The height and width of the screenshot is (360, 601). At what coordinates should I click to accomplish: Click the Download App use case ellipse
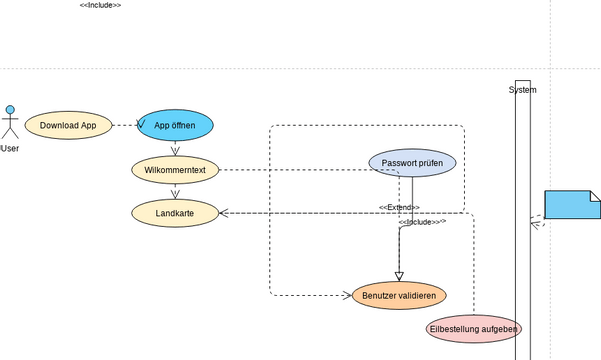pos(68,125)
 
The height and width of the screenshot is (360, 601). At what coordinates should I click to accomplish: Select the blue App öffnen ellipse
pos(175,125)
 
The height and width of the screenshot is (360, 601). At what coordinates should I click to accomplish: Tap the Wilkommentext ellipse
pos(175,170)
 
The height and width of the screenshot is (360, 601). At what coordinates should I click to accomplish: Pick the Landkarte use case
pos(175,212)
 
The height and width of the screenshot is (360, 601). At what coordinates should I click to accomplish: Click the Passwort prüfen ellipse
pos(412,162)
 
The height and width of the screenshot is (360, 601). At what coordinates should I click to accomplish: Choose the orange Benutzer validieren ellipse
pos(399,295)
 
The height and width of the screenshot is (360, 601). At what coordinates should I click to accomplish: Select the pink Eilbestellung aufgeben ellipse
pos(473,328)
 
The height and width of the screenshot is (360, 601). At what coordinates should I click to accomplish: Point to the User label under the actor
pos(10,149)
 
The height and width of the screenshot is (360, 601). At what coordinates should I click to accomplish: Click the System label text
pos(522,90)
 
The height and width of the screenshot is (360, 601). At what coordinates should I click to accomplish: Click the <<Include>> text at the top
pos(100,6)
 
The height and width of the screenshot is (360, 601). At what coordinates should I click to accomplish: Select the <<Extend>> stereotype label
pos(399,207)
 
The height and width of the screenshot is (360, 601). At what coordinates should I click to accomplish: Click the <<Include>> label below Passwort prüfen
pos(422,222)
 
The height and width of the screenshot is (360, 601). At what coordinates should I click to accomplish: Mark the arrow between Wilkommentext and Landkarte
pos(175,192)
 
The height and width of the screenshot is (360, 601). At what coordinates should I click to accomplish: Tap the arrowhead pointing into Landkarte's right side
pos(224,213)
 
